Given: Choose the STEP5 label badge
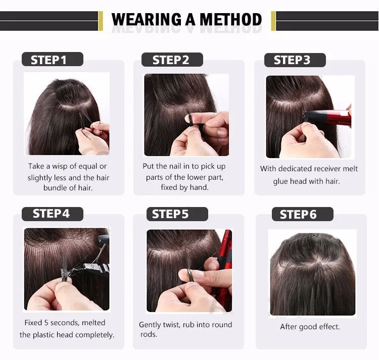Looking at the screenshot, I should tap(170, 214).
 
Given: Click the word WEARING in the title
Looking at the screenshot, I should tap(145, 20).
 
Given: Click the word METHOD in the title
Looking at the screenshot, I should tap(231, 20).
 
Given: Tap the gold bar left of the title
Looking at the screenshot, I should tap(100, 21).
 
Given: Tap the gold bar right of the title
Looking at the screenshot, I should tap(273, 21).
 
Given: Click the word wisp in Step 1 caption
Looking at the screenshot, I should tap(63, 166).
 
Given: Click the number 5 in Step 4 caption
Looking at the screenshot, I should tap(48, 323).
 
